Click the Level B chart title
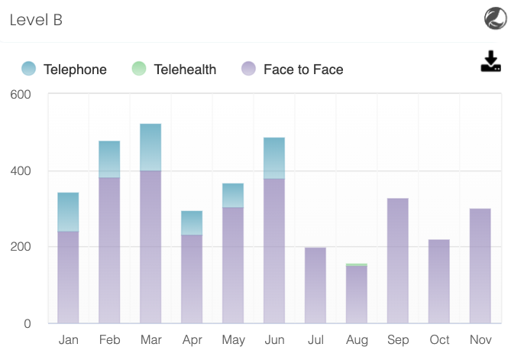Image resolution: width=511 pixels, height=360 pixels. [x=36, y=21]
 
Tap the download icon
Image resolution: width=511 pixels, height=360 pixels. [x=490, y=62]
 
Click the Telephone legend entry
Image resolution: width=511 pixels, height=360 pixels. [x=64, y=70]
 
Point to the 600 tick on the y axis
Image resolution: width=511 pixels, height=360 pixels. [x=21, y=95]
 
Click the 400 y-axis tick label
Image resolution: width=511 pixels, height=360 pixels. [x=21, y=171]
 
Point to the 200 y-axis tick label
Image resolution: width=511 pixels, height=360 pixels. [x=21, y=247]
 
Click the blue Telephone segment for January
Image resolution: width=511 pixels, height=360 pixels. [x=69, y=212]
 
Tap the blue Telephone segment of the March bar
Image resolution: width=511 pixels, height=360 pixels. [x=150, y=147]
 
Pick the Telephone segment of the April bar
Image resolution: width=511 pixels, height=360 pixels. [x=192, y=222]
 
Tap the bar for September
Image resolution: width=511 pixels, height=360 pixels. [x=398, y=261]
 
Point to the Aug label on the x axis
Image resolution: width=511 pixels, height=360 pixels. [x=357, y=339]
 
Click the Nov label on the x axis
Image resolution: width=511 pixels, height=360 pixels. [x=480, y=339]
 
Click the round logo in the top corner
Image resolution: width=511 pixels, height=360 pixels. [x=495, y=18]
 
